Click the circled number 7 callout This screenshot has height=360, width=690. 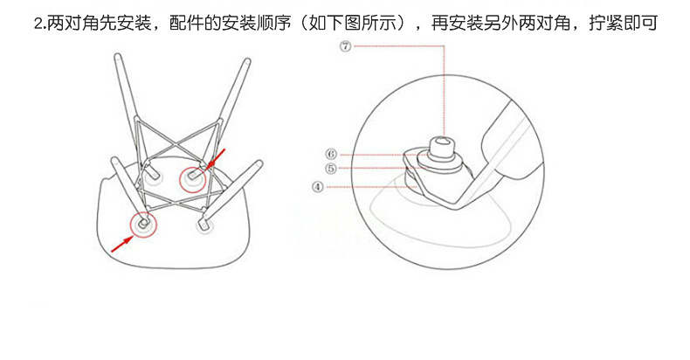click(346, 45)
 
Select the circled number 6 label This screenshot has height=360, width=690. click(331, 154)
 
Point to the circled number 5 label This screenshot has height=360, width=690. click(331, 169)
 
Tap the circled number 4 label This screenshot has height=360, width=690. click(318, 187)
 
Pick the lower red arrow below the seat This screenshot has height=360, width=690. click(122, 245)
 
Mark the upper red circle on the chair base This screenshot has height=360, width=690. click(193, 179)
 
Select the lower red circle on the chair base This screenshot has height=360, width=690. click(143, 224)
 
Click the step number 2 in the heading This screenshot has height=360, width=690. click(38, 24)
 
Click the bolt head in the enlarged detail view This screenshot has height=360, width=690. click(441, 149)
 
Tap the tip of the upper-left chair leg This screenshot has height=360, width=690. click(118, 56)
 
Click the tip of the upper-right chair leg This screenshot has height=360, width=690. click(247, 61)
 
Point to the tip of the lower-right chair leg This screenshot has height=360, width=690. click(259, 163)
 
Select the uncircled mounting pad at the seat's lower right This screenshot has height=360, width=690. click(204, 225)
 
